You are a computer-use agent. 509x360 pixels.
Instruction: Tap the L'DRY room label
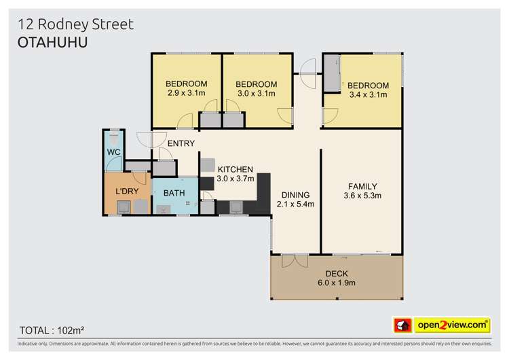click(x=127, y=192)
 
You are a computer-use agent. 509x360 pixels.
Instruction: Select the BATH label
click(x=174, y=193)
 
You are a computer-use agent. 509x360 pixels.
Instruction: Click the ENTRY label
click(x=181, y=143)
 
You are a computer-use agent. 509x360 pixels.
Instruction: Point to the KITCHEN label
click(x=235, y=169)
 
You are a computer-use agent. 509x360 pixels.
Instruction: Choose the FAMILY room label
click(x=362, y=186)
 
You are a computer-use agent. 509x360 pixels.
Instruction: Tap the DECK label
click(x=337, y=274)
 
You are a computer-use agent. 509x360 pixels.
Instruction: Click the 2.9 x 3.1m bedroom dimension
click(x=187, y=94)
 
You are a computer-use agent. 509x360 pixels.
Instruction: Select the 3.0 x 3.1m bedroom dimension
click(x=256, y=94)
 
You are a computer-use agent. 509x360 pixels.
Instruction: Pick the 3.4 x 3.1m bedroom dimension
click(x=368, y=95)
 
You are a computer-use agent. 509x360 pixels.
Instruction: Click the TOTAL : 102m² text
click(x=52, y=330)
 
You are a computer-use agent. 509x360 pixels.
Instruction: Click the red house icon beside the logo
click(x=403, y=326)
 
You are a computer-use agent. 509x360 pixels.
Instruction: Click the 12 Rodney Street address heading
click(x=75, y=24)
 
